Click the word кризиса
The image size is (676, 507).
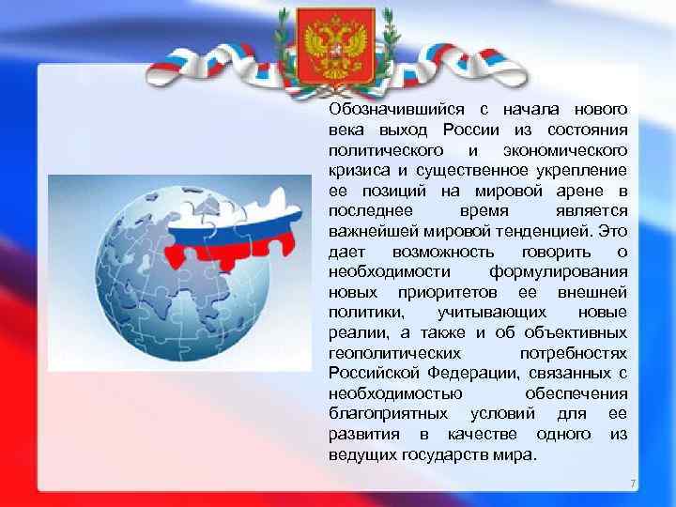[356, 171]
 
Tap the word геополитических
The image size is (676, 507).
[394, 353]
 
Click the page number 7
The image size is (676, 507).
[633, 484]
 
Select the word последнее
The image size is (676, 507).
[369, 211]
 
